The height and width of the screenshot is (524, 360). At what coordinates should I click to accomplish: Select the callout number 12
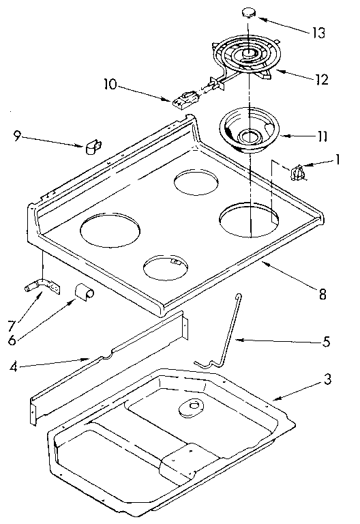322,79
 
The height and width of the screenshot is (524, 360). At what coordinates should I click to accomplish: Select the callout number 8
322,295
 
